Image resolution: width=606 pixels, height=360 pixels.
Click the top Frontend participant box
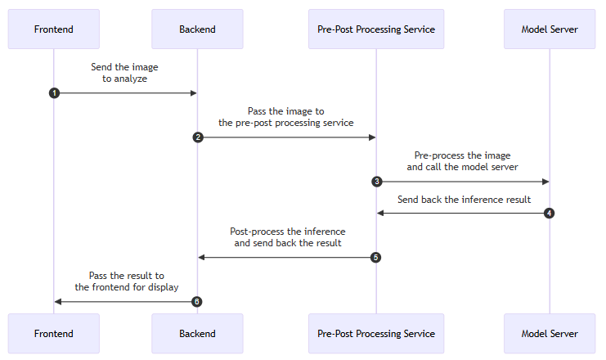tap(54, 29)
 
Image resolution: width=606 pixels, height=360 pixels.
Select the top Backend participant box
tap(197, 29)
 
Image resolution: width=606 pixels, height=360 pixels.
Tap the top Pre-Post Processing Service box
tap(376, 29)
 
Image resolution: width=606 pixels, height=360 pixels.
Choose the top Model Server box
tap(550, 29)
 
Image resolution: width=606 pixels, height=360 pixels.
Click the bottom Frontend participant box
tap(54, 333)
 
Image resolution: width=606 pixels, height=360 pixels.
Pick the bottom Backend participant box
tap(197, 333)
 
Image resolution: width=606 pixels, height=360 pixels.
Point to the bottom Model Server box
tap(550, 333)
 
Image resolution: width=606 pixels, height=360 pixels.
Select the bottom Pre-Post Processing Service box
tap(376, 333)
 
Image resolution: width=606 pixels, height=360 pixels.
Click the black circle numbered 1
tap(54, 92)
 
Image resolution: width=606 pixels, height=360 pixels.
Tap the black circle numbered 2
tap(198, 137)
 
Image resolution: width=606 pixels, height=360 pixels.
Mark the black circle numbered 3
tap(377, 182)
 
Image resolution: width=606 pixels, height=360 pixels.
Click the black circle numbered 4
tap(549, 213)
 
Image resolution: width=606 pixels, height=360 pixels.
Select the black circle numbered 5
tap(375, 257)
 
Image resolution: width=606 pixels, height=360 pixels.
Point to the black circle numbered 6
tap(197, 302)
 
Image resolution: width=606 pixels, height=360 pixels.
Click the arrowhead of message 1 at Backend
tap(194, 92)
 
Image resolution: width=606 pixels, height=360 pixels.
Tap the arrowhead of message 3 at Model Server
tap(545, 182)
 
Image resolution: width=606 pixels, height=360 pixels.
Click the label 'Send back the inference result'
tap(465, 200)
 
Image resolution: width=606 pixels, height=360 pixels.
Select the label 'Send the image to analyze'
tap(124, 73)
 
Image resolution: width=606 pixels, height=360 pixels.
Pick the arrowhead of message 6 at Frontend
tap(58, 302)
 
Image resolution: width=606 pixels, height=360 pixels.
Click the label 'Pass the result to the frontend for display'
tap(127, 281)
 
